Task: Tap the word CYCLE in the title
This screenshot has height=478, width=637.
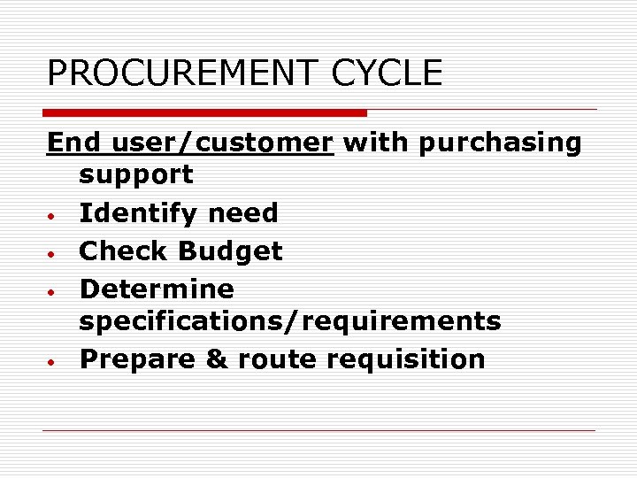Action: tap(387, 73)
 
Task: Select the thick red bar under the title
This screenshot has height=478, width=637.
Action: tap(205, 113)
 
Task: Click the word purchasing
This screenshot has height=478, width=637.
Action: tap(501, 143)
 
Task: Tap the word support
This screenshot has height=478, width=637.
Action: tap(136, 175)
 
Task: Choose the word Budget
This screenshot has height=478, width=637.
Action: tap(230, 252)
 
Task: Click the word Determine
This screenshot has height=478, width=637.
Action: tap(157, 289)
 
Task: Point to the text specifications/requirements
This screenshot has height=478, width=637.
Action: tap(290, 321)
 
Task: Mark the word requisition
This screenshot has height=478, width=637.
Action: tap(406, 360)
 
